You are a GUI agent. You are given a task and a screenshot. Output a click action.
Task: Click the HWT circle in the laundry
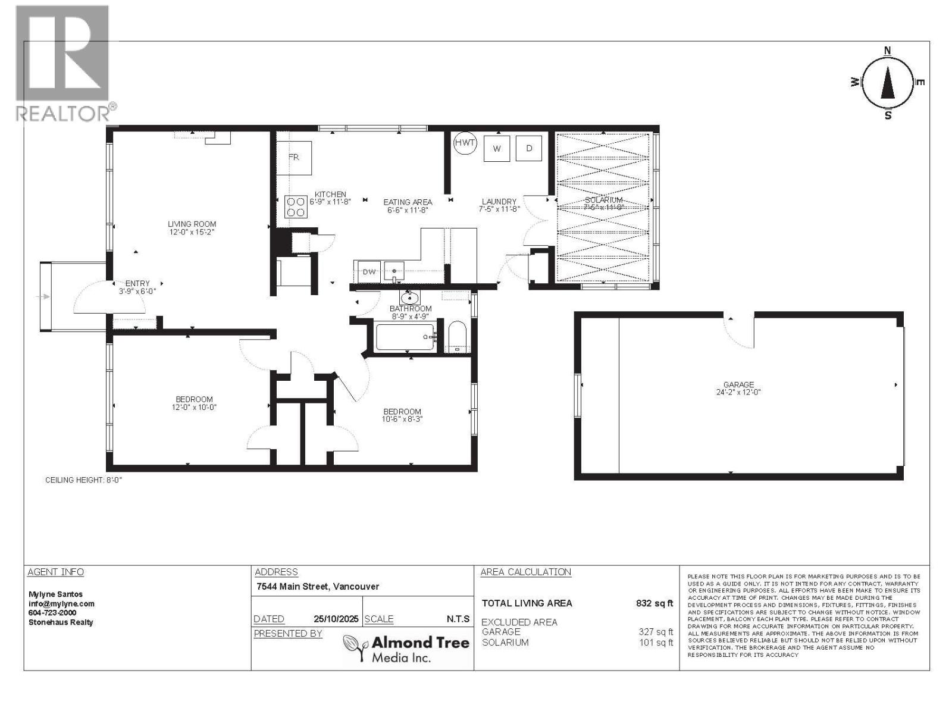(465, 143)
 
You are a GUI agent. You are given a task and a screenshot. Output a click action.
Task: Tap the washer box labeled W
(497, 149)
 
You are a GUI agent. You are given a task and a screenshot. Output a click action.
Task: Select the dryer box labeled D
(529, 148)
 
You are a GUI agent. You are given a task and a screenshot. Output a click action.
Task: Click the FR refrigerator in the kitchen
(294, 158)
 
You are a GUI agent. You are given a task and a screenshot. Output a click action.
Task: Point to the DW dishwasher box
(369, 272)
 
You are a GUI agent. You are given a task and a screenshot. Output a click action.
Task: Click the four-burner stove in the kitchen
(296, 206)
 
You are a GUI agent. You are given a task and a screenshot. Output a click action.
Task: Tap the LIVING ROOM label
(192, 224)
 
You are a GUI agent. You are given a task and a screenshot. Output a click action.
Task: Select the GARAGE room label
(738, 385)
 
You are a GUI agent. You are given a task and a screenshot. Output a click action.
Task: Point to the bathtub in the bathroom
(405, 337)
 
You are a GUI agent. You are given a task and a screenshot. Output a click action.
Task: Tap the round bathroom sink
(409, 297)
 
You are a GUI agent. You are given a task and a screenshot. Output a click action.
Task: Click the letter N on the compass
(887, 51)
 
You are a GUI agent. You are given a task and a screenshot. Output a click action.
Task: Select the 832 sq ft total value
(654, 603)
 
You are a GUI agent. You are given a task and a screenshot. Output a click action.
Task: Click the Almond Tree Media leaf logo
(356, 647)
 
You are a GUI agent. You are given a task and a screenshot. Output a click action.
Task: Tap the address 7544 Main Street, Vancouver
(317, 587)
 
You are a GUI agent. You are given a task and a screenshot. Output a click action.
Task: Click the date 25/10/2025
(336, 619)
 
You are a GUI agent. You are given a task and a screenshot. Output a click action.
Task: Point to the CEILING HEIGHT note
(84, 480)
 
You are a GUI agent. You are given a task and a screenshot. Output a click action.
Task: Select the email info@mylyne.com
(61, 603)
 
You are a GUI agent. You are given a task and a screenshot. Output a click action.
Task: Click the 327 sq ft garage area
(656, 632)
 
